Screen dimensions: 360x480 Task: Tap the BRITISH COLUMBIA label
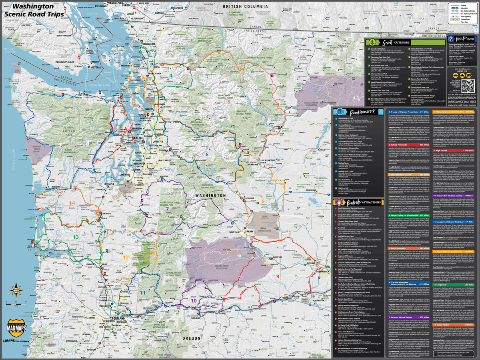245,7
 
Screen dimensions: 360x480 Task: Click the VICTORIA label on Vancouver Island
96,67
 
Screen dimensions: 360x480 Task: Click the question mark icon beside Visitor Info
451,39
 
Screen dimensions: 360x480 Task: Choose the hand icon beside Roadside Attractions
338,202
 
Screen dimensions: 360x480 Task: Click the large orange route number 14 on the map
72,203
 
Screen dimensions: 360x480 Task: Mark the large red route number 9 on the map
277,276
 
